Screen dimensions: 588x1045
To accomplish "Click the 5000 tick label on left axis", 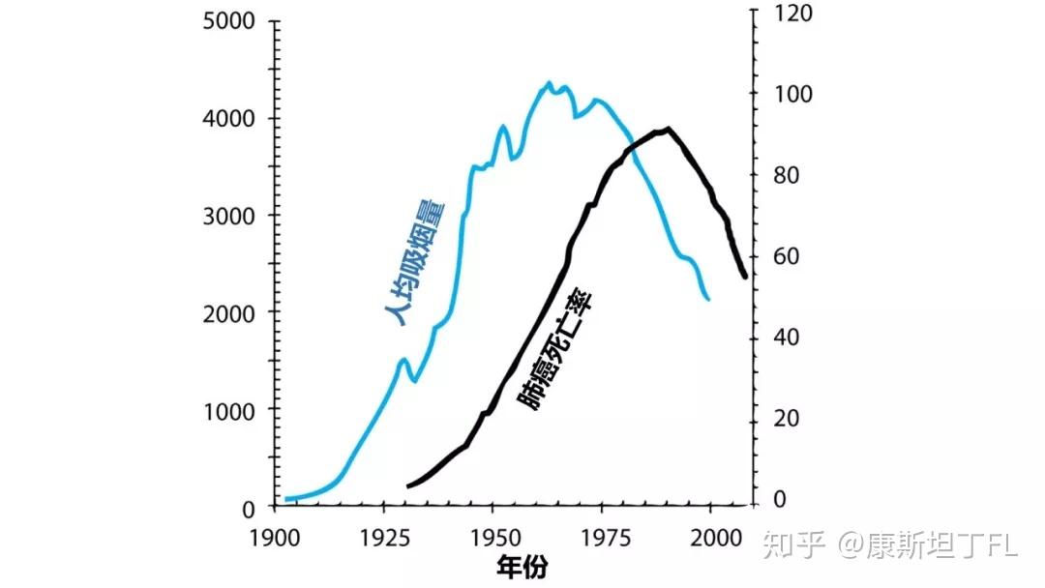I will tap(229, 21).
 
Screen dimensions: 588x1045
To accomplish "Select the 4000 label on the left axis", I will tap(229, 119).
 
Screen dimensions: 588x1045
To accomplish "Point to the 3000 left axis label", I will tap(229, 216).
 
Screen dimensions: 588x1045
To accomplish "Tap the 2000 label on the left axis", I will tap(229, 313).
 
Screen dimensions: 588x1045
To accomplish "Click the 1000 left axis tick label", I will tap(229, 410).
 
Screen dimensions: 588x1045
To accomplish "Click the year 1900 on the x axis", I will tap(275, 537).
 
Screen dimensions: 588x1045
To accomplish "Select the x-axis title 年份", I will tap(523, 567).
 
